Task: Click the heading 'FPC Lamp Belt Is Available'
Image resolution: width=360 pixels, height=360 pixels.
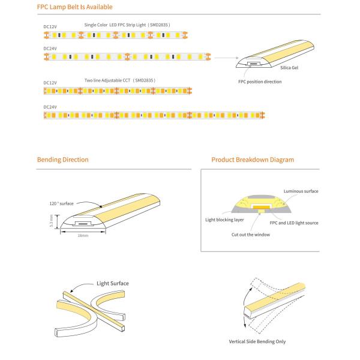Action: pyautogui.click(x=74, y=7)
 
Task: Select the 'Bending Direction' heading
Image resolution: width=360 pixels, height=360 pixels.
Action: pyautogui.click(x=62, y=160)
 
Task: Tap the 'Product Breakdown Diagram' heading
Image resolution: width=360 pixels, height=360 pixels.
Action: pyautogui.click(x=253, y=160)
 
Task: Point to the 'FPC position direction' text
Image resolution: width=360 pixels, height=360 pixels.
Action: pyautogui.click(x=260, y=82)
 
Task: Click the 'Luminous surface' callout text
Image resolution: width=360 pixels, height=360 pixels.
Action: pyautogui.click(x=301, y=191)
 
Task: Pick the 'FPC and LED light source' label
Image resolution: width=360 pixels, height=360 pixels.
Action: pyautogui.click(x=294, y=223)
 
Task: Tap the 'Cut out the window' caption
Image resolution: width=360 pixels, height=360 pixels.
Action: pyautogui.click(x=250, y=235)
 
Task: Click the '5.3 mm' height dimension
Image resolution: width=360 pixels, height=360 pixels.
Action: pyautogui.click(x=51, y=221)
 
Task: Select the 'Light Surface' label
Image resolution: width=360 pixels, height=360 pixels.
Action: pyautogui.click(x=113, y=283)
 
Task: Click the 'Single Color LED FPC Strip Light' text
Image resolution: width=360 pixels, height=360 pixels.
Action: pyautogui.click(x=127, y=25)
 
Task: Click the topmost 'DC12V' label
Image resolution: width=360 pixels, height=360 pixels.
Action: pyautogui.click(x=50, y=27)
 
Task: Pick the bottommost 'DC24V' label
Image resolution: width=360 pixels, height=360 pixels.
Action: pyautogui.click(x=50, y=107)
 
